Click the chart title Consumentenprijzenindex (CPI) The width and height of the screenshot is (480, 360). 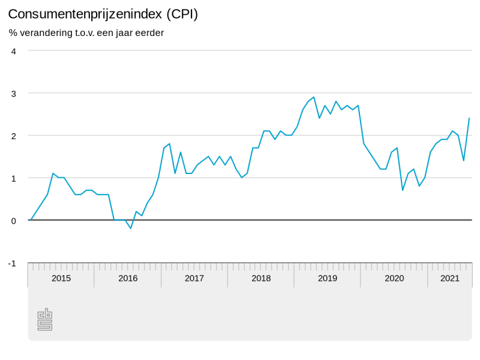point(103,14)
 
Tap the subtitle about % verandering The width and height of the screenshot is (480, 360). point(86,32)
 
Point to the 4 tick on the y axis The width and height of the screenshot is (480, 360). point(13,51)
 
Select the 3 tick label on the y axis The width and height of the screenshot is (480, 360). point(13,93)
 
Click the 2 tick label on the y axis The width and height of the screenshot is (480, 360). point(13,136)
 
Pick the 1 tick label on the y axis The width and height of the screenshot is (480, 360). point(13,178)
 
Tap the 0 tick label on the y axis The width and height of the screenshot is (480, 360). point(13,220)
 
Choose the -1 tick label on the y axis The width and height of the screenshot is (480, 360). point(12,263)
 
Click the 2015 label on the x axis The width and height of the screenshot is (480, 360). point(61,278)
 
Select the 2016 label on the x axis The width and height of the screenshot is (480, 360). point(128,278)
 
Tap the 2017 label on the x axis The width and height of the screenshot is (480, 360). point(194,278)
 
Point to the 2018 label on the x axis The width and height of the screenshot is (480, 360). point(261,278)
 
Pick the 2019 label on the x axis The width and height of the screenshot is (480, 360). point(328,278)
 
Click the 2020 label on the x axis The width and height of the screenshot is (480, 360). point(394,278)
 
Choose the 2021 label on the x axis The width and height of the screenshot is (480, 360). point(450,278)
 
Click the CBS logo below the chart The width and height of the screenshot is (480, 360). point(45,320)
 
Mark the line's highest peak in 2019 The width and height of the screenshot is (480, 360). point(314,97)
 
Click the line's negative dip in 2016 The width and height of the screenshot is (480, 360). point(131,229)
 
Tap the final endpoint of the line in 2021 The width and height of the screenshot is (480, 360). point(469,118)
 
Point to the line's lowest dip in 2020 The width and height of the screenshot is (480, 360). point(403,190)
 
